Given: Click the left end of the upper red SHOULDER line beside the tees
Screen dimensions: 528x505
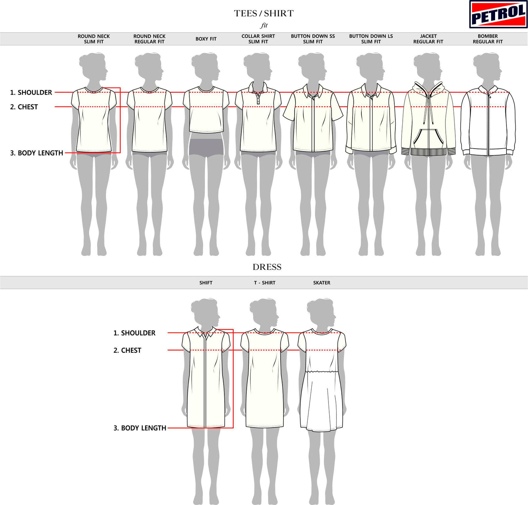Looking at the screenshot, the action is point(55,92).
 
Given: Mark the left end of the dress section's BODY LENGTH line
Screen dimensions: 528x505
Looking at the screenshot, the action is point(168,428).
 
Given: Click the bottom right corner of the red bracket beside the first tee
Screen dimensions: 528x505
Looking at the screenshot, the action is point(120,153).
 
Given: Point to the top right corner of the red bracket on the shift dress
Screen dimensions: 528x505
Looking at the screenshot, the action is point(233,329).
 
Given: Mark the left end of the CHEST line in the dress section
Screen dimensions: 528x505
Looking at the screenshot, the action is point(168,350).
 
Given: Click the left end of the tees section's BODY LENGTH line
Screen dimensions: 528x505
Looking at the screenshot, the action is point(65,153).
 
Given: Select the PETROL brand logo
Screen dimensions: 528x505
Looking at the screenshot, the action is point(498,14).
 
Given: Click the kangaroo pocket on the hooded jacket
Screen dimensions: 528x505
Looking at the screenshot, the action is point(428,138).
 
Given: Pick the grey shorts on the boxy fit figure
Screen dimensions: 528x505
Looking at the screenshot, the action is point(206,147).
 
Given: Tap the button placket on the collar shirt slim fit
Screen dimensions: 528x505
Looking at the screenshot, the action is point(258,98).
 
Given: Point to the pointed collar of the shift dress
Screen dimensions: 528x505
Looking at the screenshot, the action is point(206,333).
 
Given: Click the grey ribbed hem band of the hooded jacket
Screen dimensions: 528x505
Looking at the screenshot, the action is point(428,152).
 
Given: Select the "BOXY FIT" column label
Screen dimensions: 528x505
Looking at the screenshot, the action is point(206,39).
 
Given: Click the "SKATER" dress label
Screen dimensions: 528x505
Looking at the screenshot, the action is point(322,283).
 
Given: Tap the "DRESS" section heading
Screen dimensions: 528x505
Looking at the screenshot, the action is point(267,267).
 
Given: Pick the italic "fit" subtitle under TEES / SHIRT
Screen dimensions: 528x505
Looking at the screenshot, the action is point(264,26).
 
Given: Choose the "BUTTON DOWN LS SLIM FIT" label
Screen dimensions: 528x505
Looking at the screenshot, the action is point(371,39).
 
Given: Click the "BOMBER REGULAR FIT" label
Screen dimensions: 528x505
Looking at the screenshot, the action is point(487,39).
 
